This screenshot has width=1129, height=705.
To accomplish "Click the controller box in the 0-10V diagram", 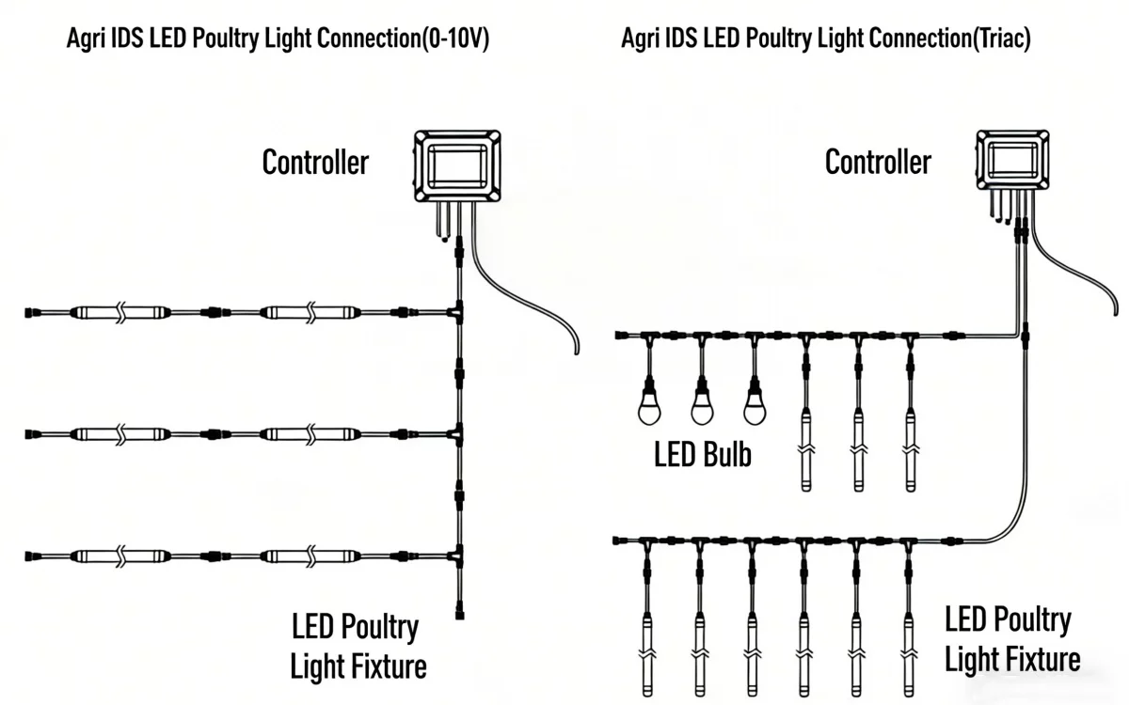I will [x=457, y=166].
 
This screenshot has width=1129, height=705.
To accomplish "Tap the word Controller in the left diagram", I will [x=315, y=163].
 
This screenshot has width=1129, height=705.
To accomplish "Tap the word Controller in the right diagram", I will [x=878, y=163].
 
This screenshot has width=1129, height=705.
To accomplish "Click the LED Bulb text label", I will [x=703, y=455].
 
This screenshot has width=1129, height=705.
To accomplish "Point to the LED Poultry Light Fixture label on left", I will [x=358, y=646].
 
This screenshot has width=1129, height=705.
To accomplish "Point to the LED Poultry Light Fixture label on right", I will [x=1011, y=639].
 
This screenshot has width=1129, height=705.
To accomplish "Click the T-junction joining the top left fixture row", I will [x=457, y=311].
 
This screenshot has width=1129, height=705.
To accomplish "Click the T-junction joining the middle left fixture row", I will [x=457, y=434].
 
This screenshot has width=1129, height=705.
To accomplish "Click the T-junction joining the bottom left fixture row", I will [x=457, y=556].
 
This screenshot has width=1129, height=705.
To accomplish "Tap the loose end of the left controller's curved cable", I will [x=575, y=352].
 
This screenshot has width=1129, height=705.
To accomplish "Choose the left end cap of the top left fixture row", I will [x=29, y=311].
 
